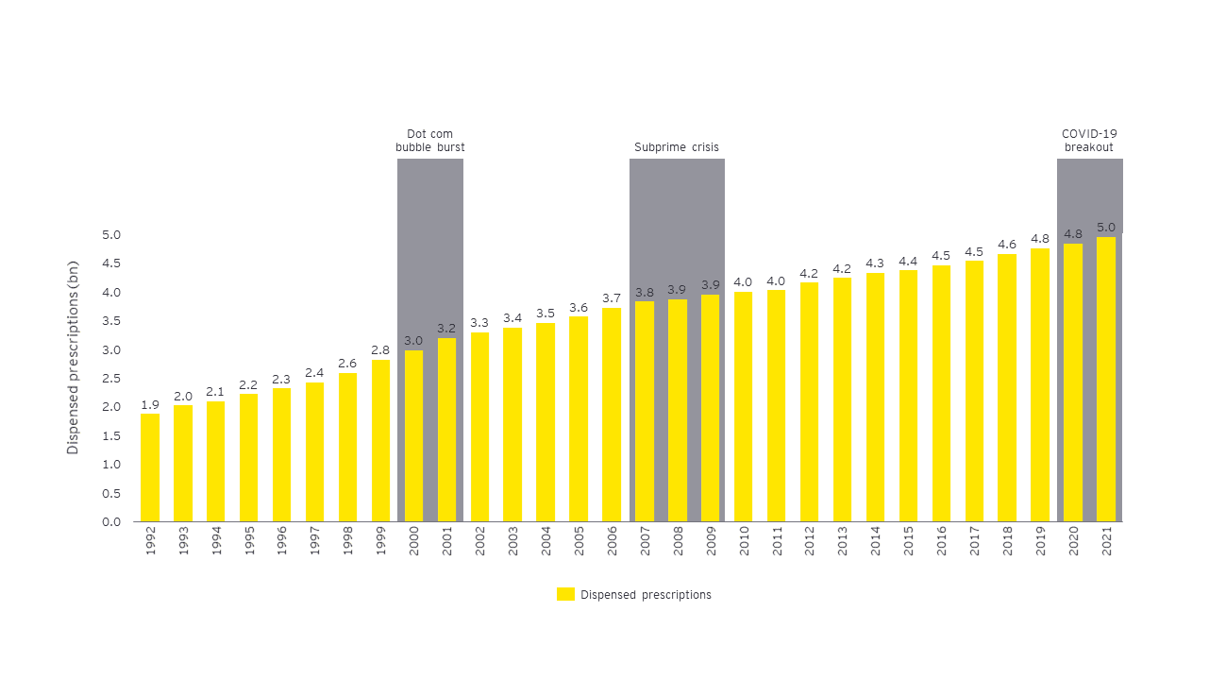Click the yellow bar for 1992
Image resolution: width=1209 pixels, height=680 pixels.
(x=150, y=467)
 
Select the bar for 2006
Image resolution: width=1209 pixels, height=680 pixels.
(x=612, y=415)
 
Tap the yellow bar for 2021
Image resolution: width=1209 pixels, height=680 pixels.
(x=1106, y=379)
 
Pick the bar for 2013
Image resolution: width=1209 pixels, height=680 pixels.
(x=842, y=399)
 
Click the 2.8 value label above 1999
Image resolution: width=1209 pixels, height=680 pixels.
(x=380, y=349)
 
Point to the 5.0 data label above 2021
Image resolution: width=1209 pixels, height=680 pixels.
(x=1106, y=227)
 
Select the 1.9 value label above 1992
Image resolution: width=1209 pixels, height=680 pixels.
(x=150, y=404)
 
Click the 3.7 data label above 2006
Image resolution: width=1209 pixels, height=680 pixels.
(x=612, y=298)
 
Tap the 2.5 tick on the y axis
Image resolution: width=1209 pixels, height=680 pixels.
(x=111, y=378)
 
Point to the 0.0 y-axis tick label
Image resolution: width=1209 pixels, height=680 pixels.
(x=111, y=521)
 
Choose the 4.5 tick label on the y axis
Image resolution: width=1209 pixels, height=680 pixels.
(x=111, y=263)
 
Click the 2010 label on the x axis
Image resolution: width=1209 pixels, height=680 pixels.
(x=744, y=542)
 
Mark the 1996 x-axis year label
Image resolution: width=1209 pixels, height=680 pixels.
(x=282, y=542)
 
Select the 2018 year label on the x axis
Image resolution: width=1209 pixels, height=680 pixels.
(x=1007, y=542)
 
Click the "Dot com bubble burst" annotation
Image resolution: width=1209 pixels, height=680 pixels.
(x=429, y=141)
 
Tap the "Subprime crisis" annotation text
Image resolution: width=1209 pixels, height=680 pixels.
(x=676, y=147)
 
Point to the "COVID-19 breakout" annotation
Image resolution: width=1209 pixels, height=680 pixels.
(x=1089, y=141)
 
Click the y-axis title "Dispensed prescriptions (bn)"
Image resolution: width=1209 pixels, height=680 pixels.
(x=73, y=357)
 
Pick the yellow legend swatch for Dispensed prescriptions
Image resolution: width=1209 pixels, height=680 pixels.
(x=565, y=594)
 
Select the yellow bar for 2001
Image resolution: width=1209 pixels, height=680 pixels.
(x=446, y=430)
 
